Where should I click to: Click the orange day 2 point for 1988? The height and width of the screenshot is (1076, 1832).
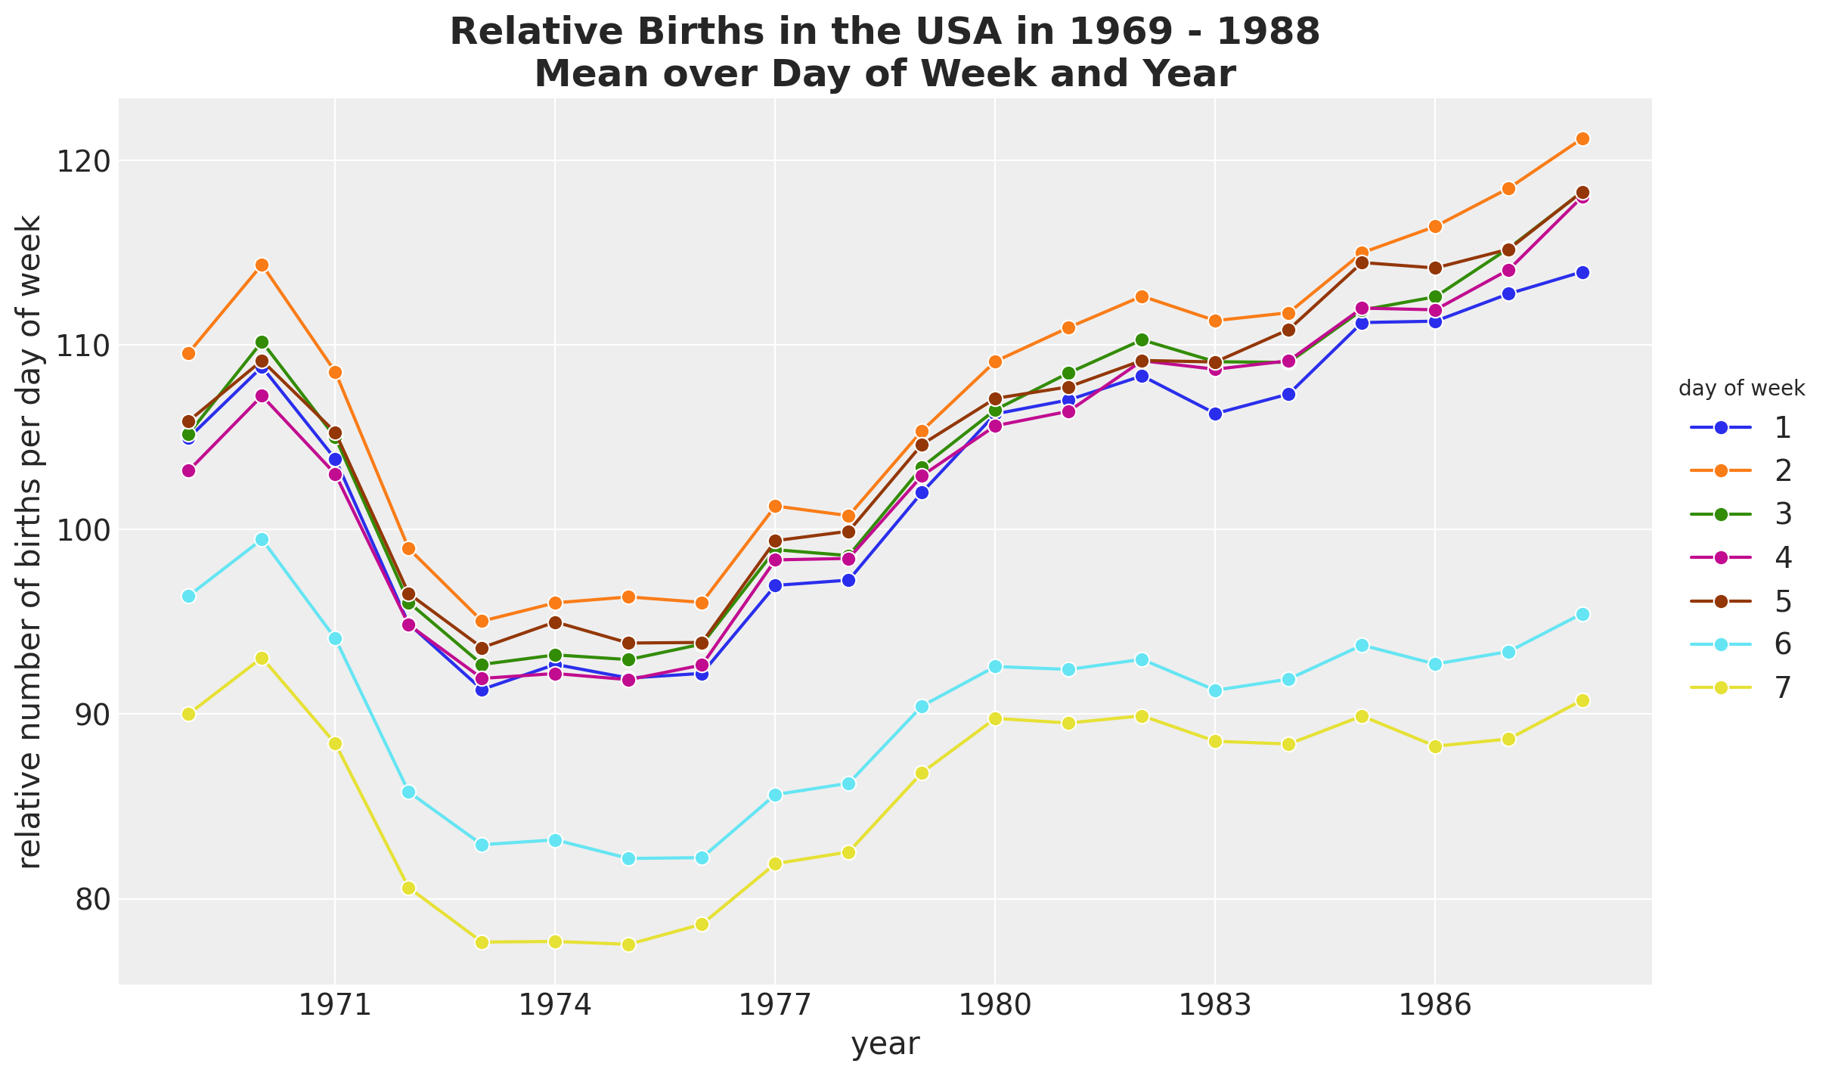tap(1582, 138)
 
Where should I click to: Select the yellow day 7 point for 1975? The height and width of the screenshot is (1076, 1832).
tap(628, 944)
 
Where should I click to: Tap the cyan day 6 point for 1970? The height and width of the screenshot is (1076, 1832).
tap(262, 539)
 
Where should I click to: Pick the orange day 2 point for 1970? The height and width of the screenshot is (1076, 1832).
tap(262, 265)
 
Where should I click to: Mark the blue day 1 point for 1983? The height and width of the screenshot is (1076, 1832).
tap(1215, 414)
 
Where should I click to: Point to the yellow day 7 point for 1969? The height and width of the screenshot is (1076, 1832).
tap(188, 714)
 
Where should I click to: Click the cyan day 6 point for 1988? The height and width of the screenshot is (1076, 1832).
tap(1582, 614)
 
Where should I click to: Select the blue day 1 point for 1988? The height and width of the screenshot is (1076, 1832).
tap(1582, 272)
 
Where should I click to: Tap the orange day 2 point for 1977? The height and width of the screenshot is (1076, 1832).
tap(775, 506)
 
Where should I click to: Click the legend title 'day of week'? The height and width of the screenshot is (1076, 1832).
tap(1741, 389)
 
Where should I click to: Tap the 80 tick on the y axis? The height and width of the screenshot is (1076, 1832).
tap(82, 899)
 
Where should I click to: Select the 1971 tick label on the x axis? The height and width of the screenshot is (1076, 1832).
tap(335, 1006)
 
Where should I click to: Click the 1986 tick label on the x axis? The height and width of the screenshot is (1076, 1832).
tap(1435, 1006)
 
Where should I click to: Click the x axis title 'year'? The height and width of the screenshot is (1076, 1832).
tap(885, 1044)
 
